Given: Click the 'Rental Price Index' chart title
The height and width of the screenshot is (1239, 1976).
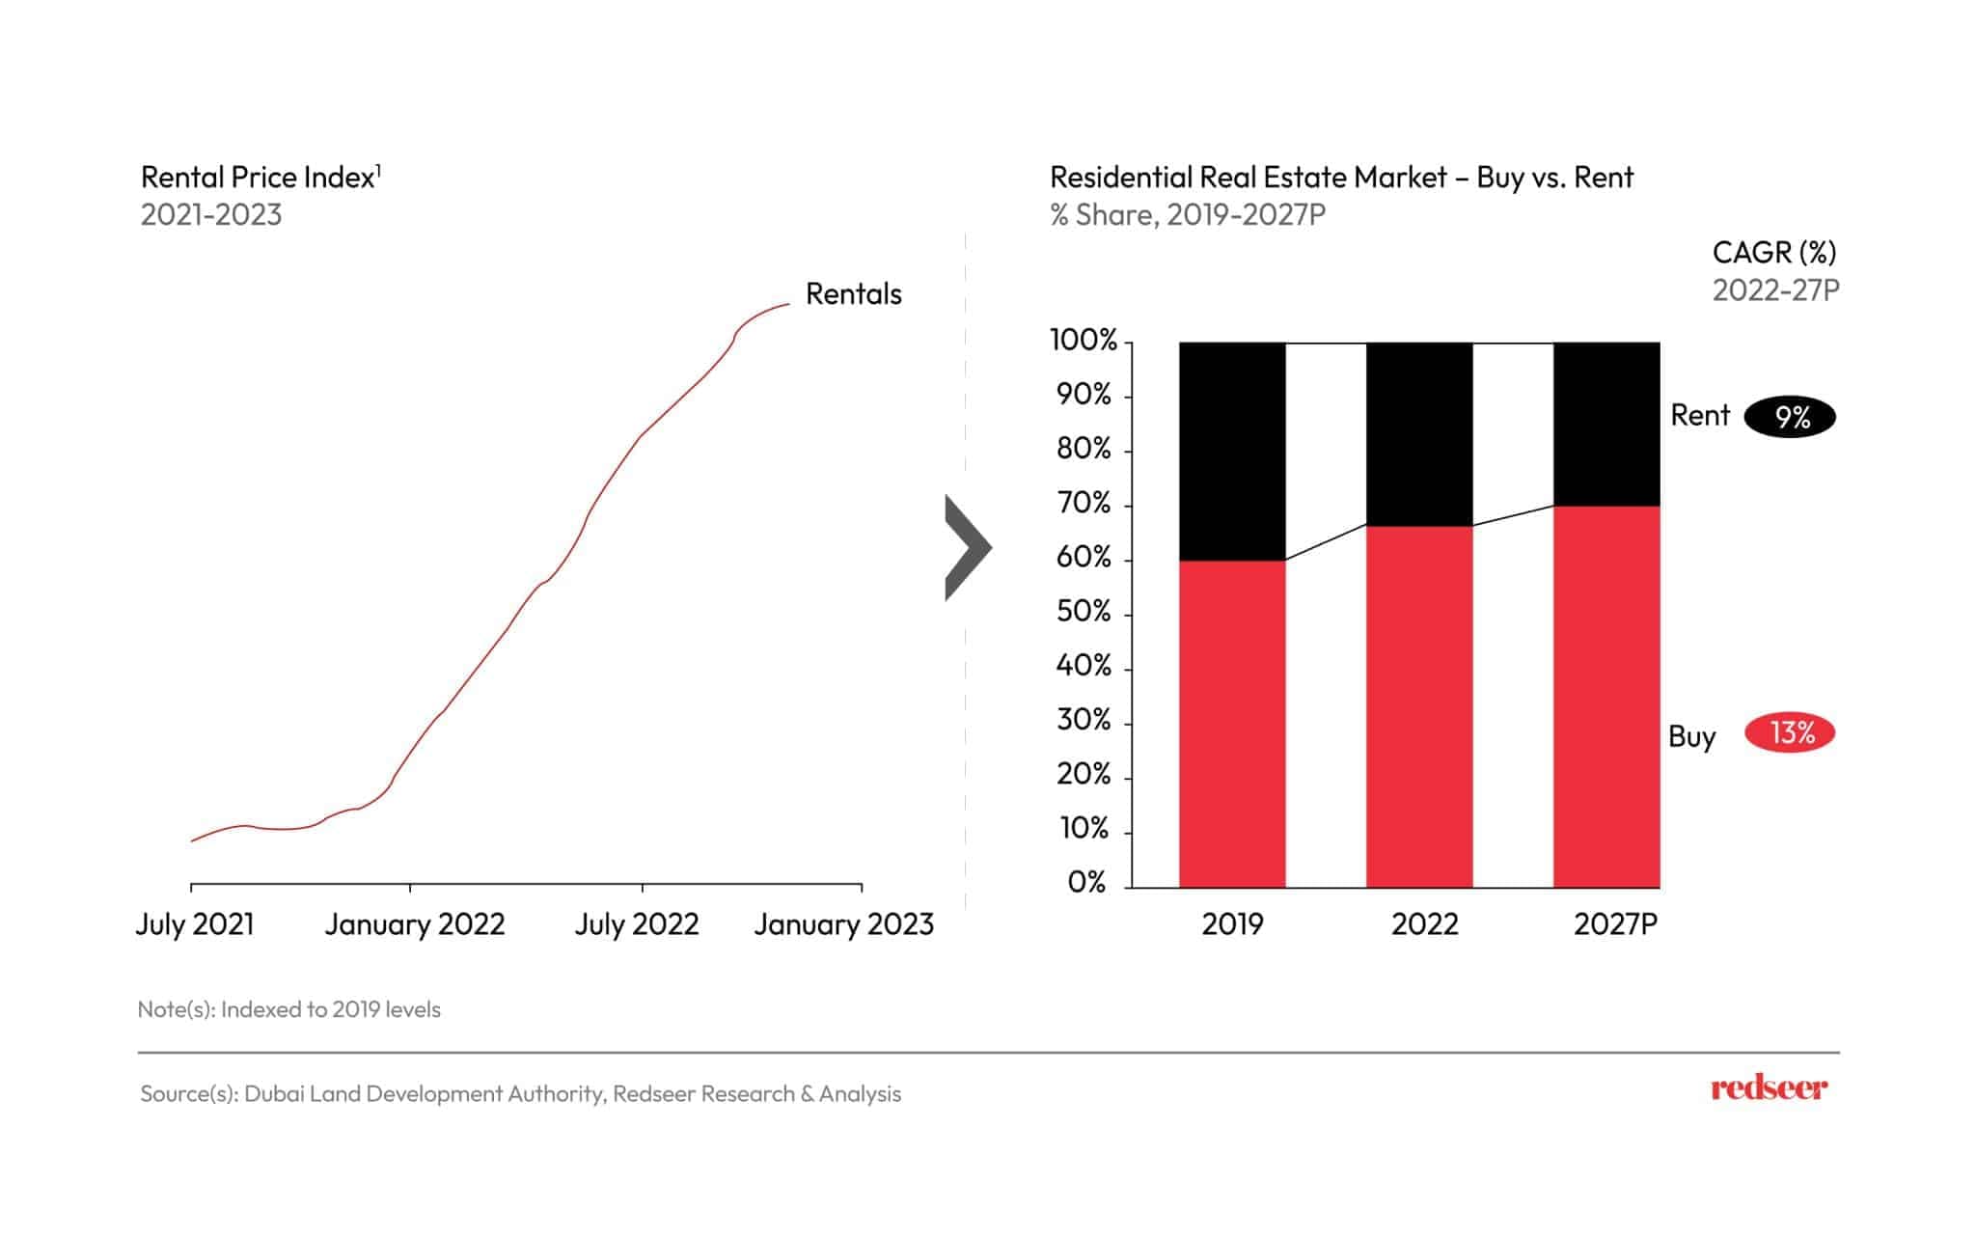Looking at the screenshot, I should tap(259, 178).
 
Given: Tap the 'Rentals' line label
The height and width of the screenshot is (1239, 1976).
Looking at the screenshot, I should tap(853, 294).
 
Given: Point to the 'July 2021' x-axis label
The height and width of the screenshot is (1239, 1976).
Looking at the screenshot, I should tap(195, 924).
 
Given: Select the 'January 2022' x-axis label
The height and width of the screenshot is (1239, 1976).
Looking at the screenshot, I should tap(414, 924).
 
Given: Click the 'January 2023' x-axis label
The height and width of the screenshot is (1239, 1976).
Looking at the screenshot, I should tap(843, 924).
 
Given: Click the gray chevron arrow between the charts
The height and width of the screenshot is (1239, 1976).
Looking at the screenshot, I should tap(966, 547).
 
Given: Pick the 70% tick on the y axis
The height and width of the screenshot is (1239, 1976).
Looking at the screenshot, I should tap(1084, 504).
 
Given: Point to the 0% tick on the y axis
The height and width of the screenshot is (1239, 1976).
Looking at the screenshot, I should tap(1086, 883).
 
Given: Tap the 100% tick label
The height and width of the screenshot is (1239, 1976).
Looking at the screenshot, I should tap(1083, 341).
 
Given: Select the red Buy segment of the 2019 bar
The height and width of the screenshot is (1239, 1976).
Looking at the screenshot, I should tap(1232, 724).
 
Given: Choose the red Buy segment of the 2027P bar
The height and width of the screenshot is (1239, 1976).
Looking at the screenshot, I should tap(1606, 695).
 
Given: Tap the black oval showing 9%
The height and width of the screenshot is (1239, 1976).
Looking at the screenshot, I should tap(1791, 417).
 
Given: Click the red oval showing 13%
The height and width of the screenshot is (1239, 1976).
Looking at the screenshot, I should tap(1790, 733).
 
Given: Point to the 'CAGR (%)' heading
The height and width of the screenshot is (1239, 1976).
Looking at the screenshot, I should tap(1773, 253).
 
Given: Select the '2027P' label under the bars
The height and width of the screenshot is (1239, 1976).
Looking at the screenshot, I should tap(1615, 924).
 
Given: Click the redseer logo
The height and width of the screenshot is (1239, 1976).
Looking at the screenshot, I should tap(1769, 1088).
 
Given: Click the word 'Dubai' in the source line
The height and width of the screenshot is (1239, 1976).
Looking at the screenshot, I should tap(270, 1093).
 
